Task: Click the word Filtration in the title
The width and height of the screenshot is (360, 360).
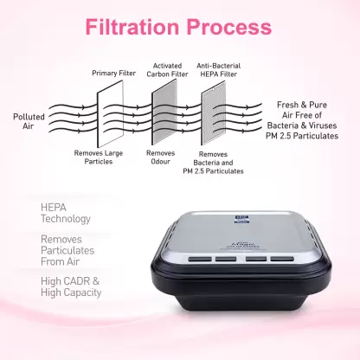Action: [x=132, y=27]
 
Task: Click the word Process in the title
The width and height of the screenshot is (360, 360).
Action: [x=229, y=27]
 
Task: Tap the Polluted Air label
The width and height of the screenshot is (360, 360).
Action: [x=29, y=121]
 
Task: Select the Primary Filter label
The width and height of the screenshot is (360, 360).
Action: [x=113, y=73]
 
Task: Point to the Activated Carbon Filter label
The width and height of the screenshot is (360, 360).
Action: [x=167, y=70]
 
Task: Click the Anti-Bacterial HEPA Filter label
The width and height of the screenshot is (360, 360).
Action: [x=219, y=70]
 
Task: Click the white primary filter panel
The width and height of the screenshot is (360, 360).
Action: [x=110, y=113]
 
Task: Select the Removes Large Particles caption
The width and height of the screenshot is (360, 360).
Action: [x=99, y=157]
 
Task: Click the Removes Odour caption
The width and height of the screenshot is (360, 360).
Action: [x=160, y=157]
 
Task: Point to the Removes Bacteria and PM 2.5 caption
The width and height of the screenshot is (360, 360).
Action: [x=213, y=163]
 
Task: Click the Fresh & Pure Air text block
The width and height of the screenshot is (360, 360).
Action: [x=302, y=120]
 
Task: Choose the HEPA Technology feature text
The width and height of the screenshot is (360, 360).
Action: [x=66, y=213]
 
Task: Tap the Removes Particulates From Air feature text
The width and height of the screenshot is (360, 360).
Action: [x=67, y=250]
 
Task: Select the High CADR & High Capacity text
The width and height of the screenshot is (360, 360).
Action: [x=71, y=286]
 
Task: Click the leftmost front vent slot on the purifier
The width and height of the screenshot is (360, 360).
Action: [x=200, y=259]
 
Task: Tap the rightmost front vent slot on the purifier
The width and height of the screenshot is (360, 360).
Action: [x=282, y=259]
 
